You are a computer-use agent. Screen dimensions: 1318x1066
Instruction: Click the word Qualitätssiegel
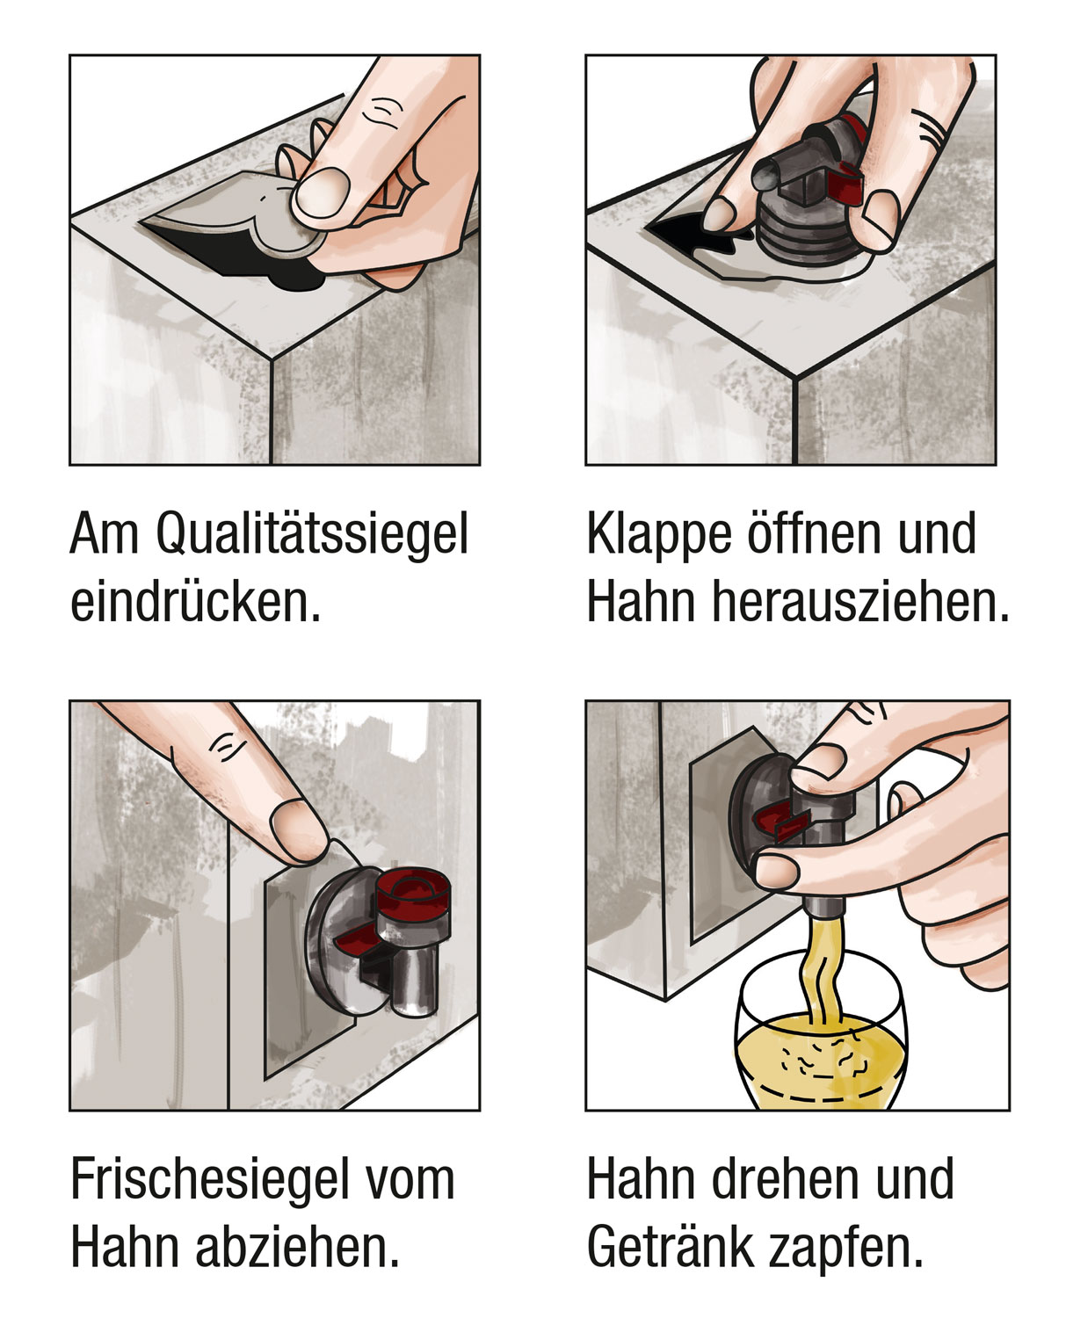coord(312,535)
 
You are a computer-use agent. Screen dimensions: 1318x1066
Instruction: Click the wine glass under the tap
coord(817,1046)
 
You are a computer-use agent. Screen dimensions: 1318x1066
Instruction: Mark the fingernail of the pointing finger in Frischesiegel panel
coord(295,826)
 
